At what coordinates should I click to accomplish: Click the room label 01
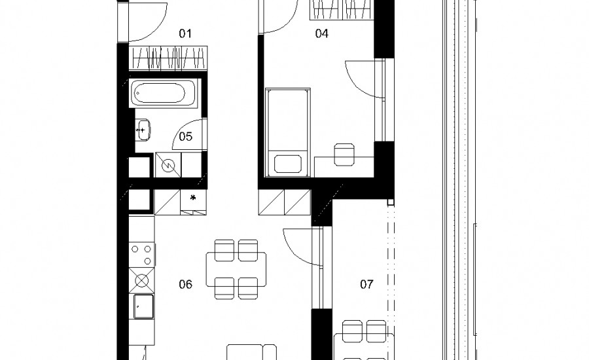tap(185, 34)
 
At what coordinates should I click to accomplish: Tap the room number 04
tap(321, 34)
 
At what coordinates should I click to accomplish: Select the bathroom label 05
tap(186, 136)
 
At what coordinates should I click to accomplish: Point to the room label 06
tap(186, 285)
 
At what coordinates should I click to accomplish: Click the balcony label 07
tap(366, 285)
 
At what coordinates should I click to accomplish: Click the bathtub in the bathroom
tap(164, 93)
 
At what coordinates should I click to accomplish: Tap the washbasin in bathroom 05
tap(143, 130)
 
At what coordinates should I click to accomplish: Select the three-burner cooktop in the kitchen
tap(141, 255)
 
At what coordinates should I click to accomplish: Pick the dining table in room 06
tap(236, 270)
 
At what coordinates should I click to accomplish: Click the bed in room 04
tap(288, 132)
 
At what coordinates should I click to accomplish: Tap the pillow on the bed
tap(288, 164)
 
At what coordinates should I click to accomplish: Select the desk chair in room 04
tap(344, 154)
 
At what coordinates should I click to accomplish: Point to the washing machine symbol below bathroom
tap(168, 165)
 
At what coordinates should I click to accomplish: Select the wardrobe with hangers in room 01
tap(168, 58)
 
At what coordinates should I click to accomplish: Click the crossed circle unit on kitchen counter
tap(141, 280)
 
